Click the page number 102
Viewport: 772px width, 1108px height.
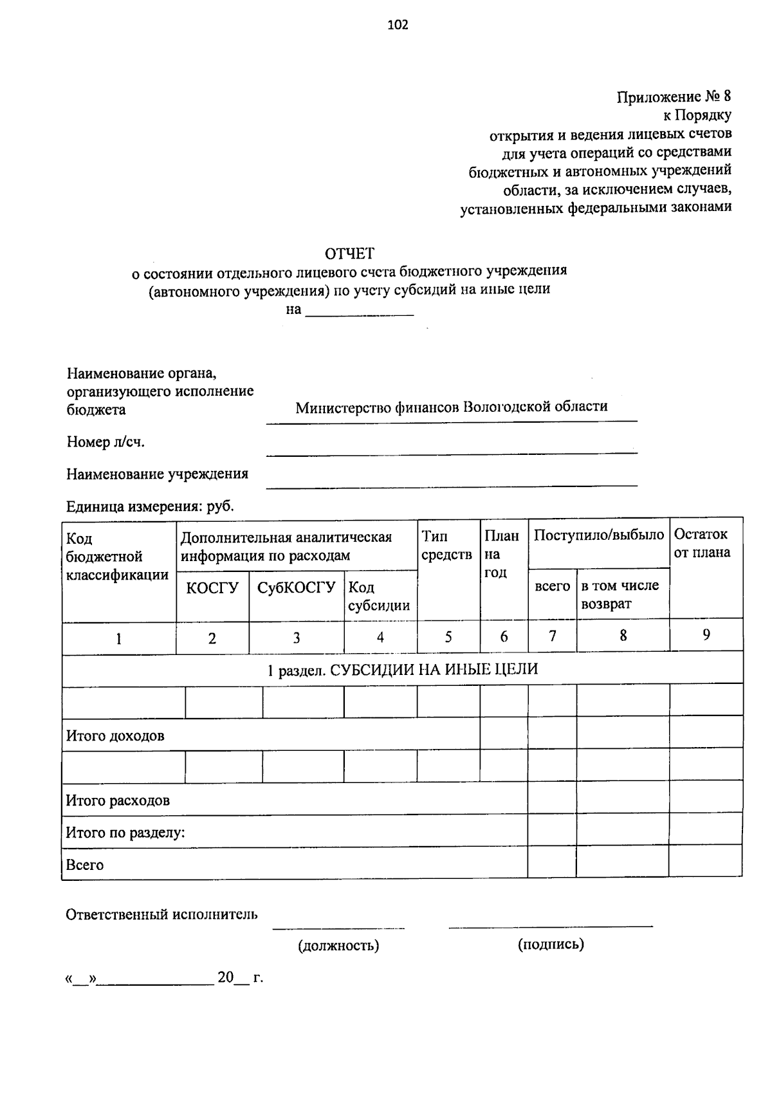(x=398, y=26)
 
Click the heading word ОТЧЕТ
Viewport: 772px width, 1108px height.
(x=349, y=254)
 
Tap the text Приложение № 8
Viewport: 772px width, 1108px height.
(x=674, y=97)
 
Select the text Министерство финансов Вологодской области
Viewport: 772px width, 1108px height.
(x=451, y=407)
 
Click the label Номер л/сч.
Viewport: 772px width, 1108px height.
(x=106, y=442)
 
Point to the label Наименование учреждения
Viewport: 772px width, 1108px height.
(x=157, y=474)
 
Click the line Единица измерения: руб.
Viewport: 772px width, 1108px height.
(x=150, y=506)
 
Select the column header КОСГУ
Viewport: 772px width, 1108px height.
(x=212, y=587)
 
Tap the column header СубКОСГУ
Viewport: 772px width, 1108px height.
(x=296, y=587)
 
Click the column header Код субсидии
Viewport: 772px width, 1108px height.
(x=379, y=596)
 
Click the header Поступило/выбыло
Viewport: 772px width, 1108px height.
(x=598, y=535)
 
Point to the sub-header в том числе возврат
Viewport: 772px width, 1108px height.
(x=620, y=595)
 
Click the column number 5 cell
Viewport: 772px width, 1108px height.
(x=448, y=637)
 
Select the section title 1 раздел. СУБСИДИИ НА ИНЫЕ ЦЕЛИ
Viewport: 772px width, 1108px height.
(x=403, y=670)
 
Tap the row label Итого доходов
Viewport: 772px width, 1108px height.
(x=115, y=735)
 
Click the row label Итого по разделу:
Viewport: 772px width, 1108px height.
(x=125, y=833)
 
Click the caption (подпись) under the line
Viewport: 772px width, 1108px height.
(x=551, y=944)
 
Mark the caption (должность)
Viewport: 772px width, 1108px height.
(x=338, y=945)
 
